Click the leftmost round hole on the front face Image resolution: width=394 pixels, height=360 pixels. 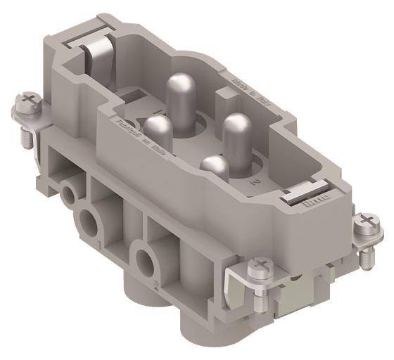tap(68, 190)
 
